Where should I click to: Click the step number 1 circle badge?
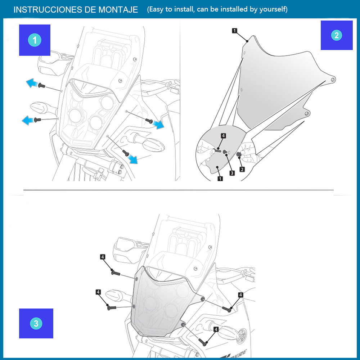[35, 40]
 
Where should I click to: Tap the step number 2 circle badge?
[337, 35]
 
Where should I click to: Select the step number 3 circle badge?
[36, 323]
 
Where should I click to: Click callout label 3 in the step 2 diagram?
[232, 173]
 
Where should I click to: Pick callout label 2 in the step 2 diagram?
[242, 169]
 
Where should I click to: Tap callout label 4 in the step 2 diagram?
[223, 136]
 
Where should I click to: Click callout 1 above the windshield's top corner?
[234, 31]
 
